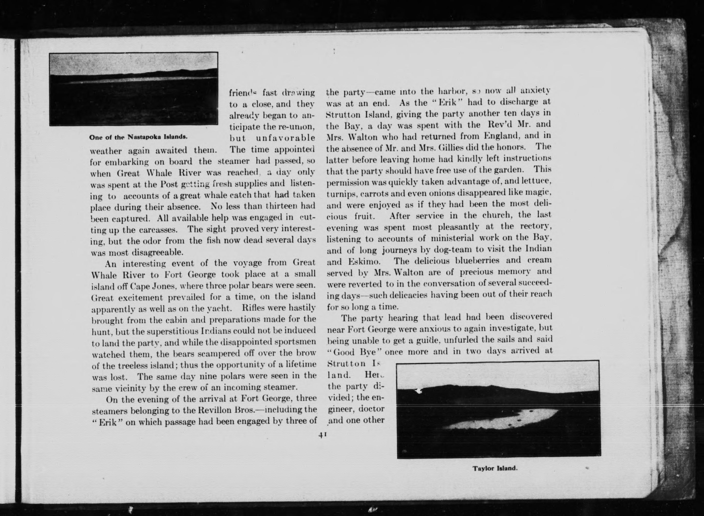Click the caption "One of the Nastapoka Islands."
[x=138, y=137]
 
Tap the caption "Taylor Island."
[x=495, y=469]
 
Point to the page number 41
[x=322, y=435]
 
